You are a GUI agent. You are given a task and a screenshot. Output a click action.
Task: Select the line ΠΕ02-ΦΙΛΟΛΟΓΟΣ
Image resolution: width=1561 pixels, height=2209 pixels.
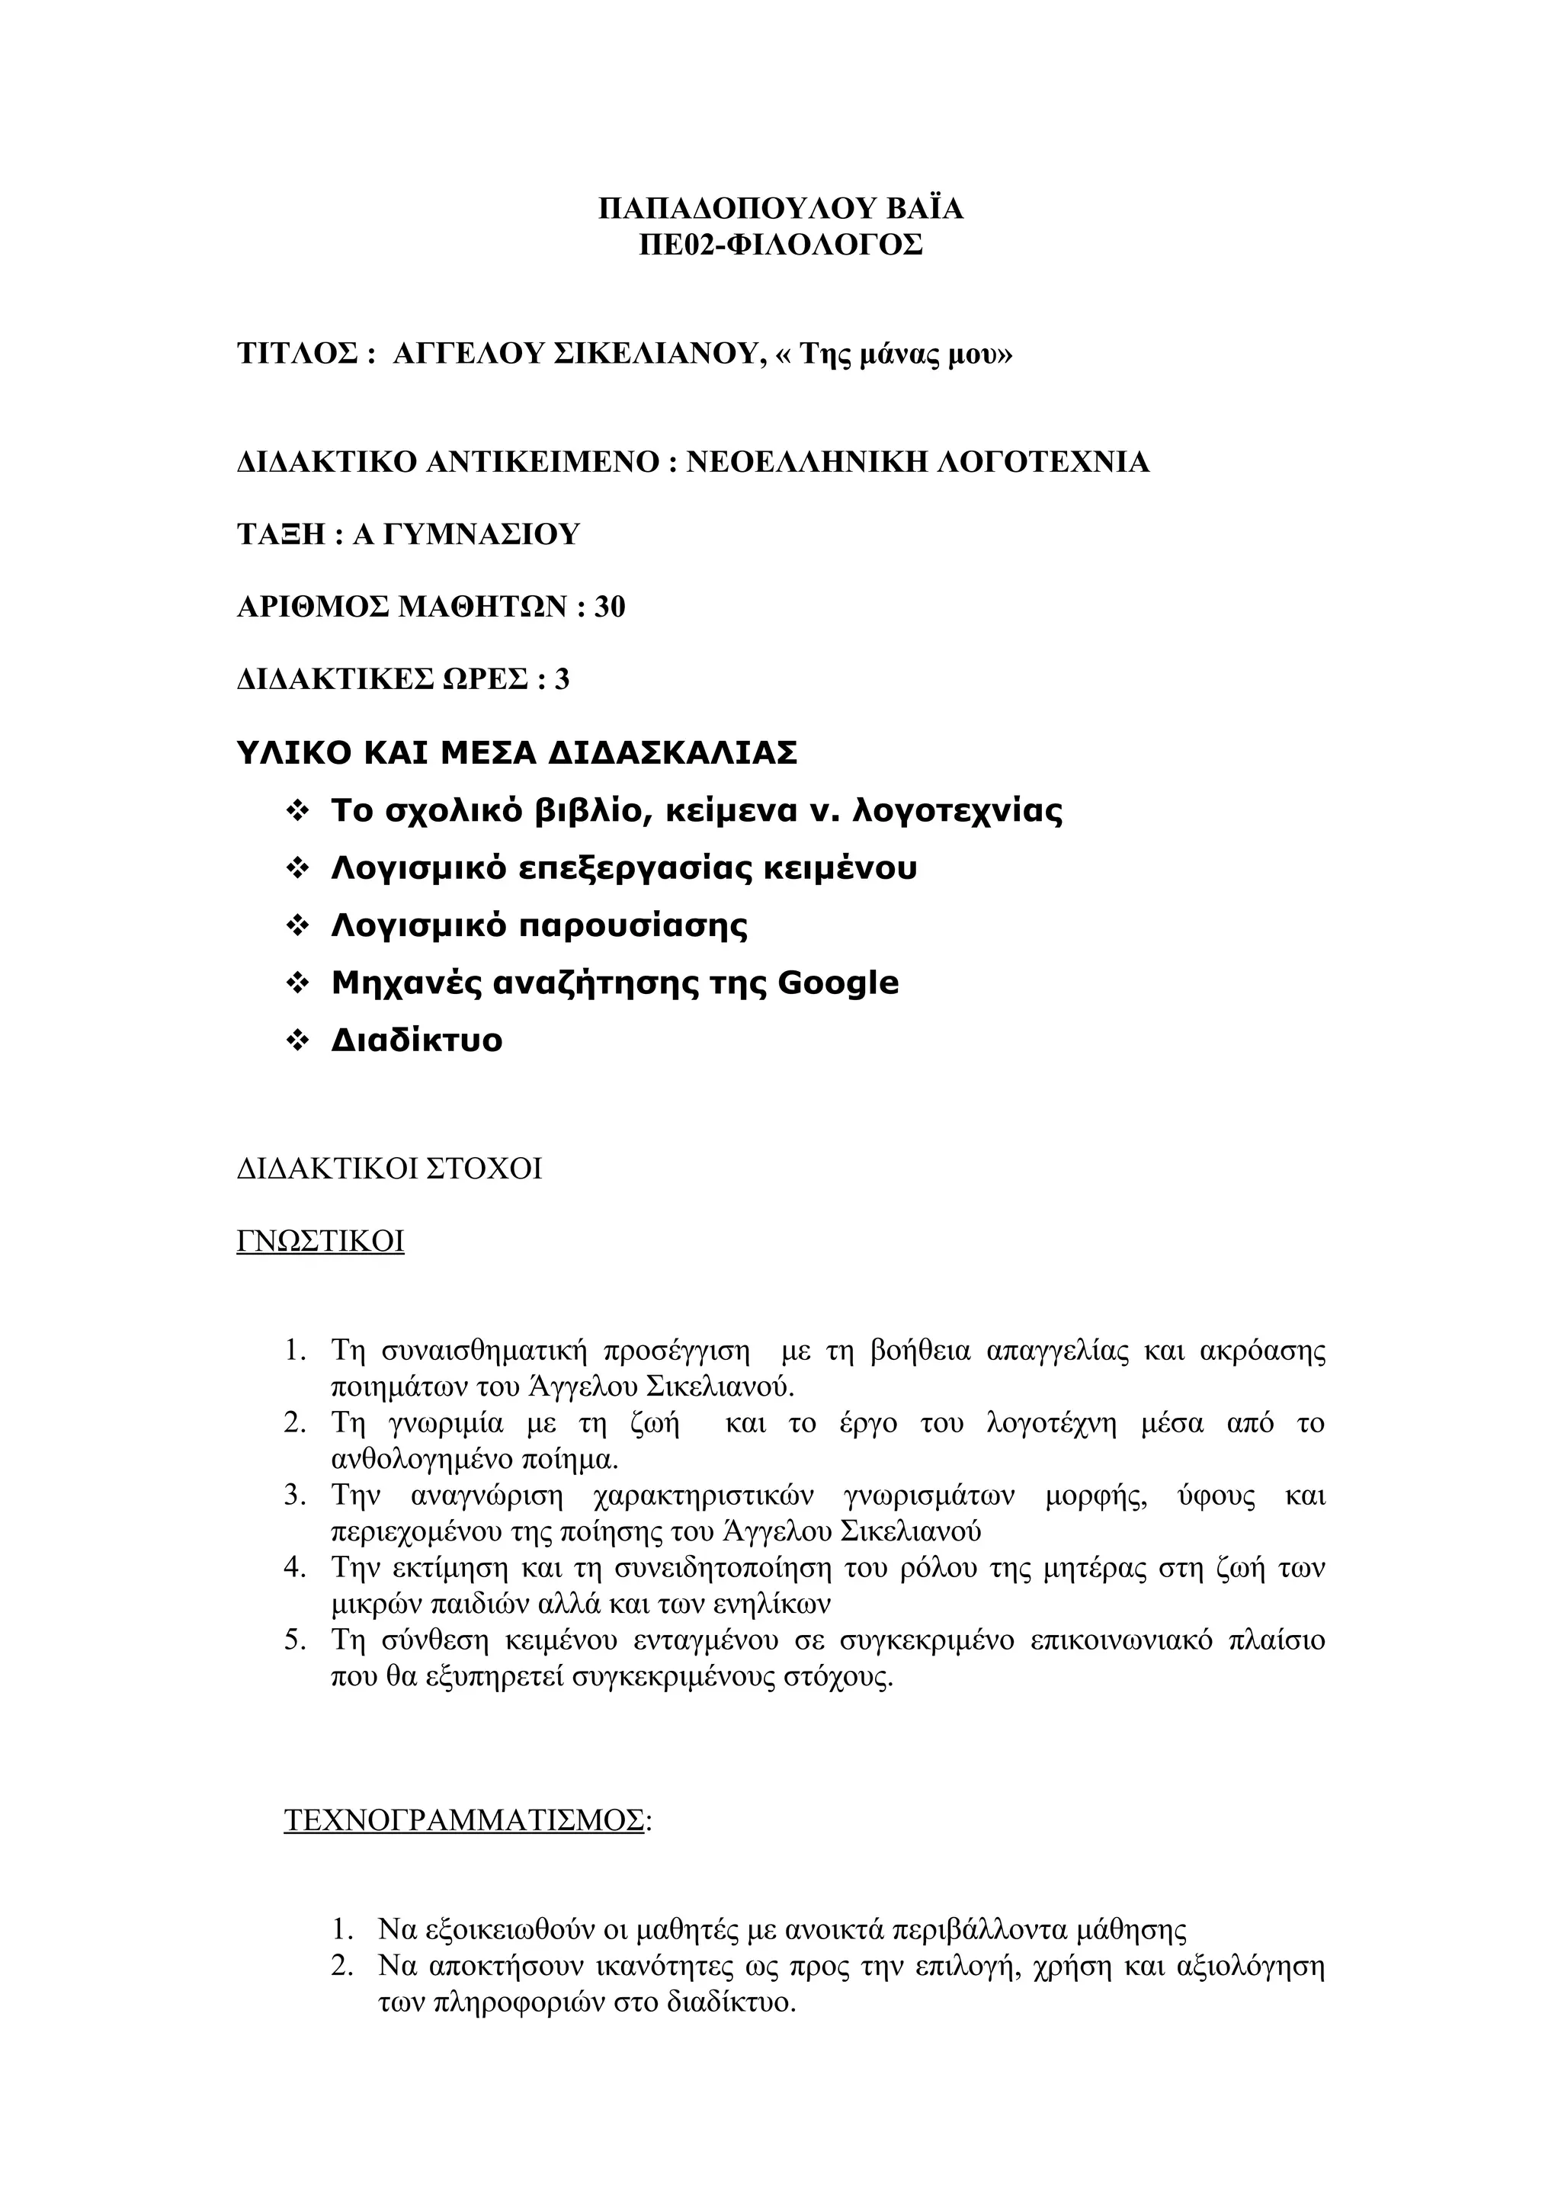(x=780, y=245)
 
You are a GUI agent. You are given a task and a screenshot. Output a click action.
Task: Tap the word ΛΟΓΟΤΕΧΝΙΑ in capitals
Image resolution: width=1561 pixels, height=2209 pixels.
(x=1043, y=463)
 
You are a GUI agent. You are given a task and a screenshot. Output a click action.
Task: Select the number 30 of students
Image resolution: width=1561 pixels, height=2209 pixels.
(x=609, y=607)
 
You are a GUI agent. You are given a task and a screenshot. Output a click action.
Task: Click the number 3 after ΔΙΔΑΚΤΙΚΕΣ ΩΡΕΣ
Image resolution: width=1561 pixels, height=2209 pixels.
(x=562, y=680)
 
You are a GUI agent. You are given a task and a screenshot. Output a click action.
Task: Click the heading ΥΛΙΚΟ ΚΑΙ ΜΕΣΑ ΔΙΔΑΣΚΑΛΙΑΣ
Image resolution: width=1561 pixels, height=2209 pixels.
(x=517, y=752)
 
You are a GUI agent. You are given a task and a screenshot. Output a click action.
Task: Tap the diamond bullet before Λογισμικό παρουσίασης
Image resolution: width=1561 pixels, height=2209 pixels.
(x=297, y=926)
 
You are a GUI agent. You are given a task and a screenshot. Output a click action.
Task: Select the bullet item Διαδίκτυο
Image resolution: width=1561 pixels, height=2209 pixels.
(x=416, y=1041)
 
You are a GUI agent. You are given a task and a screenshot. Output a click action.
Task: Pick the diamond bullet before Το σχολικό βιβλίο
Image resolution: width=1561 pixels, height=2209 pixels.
(x=297, y=812)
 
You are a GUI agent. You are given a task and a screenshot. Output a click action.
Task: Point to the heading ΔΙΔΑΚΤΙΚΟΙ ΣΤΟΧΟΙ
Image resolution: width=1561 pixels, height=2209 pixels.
(x=389, y=1169)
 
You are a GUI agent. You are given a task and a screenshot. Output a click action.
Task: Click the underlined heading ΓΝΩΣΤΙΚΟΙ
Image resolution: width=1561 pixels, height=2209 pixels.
(x=320, y=1241)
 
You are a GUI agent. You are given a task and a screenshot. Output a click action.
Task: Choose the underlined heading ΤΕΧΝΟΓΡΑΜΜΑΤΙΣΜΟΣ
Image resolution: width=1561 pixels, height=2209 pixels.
(x=464, y=1820)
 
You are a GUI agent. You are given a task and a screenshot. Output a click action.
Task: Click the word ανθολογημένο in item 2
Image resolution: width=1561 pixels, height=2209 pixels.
(x=422, y=1460)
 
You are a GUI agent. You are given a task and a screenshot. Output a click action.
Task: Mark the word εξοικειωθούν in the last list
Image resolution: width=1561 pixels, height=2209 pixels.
(x=507, y=1929)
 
